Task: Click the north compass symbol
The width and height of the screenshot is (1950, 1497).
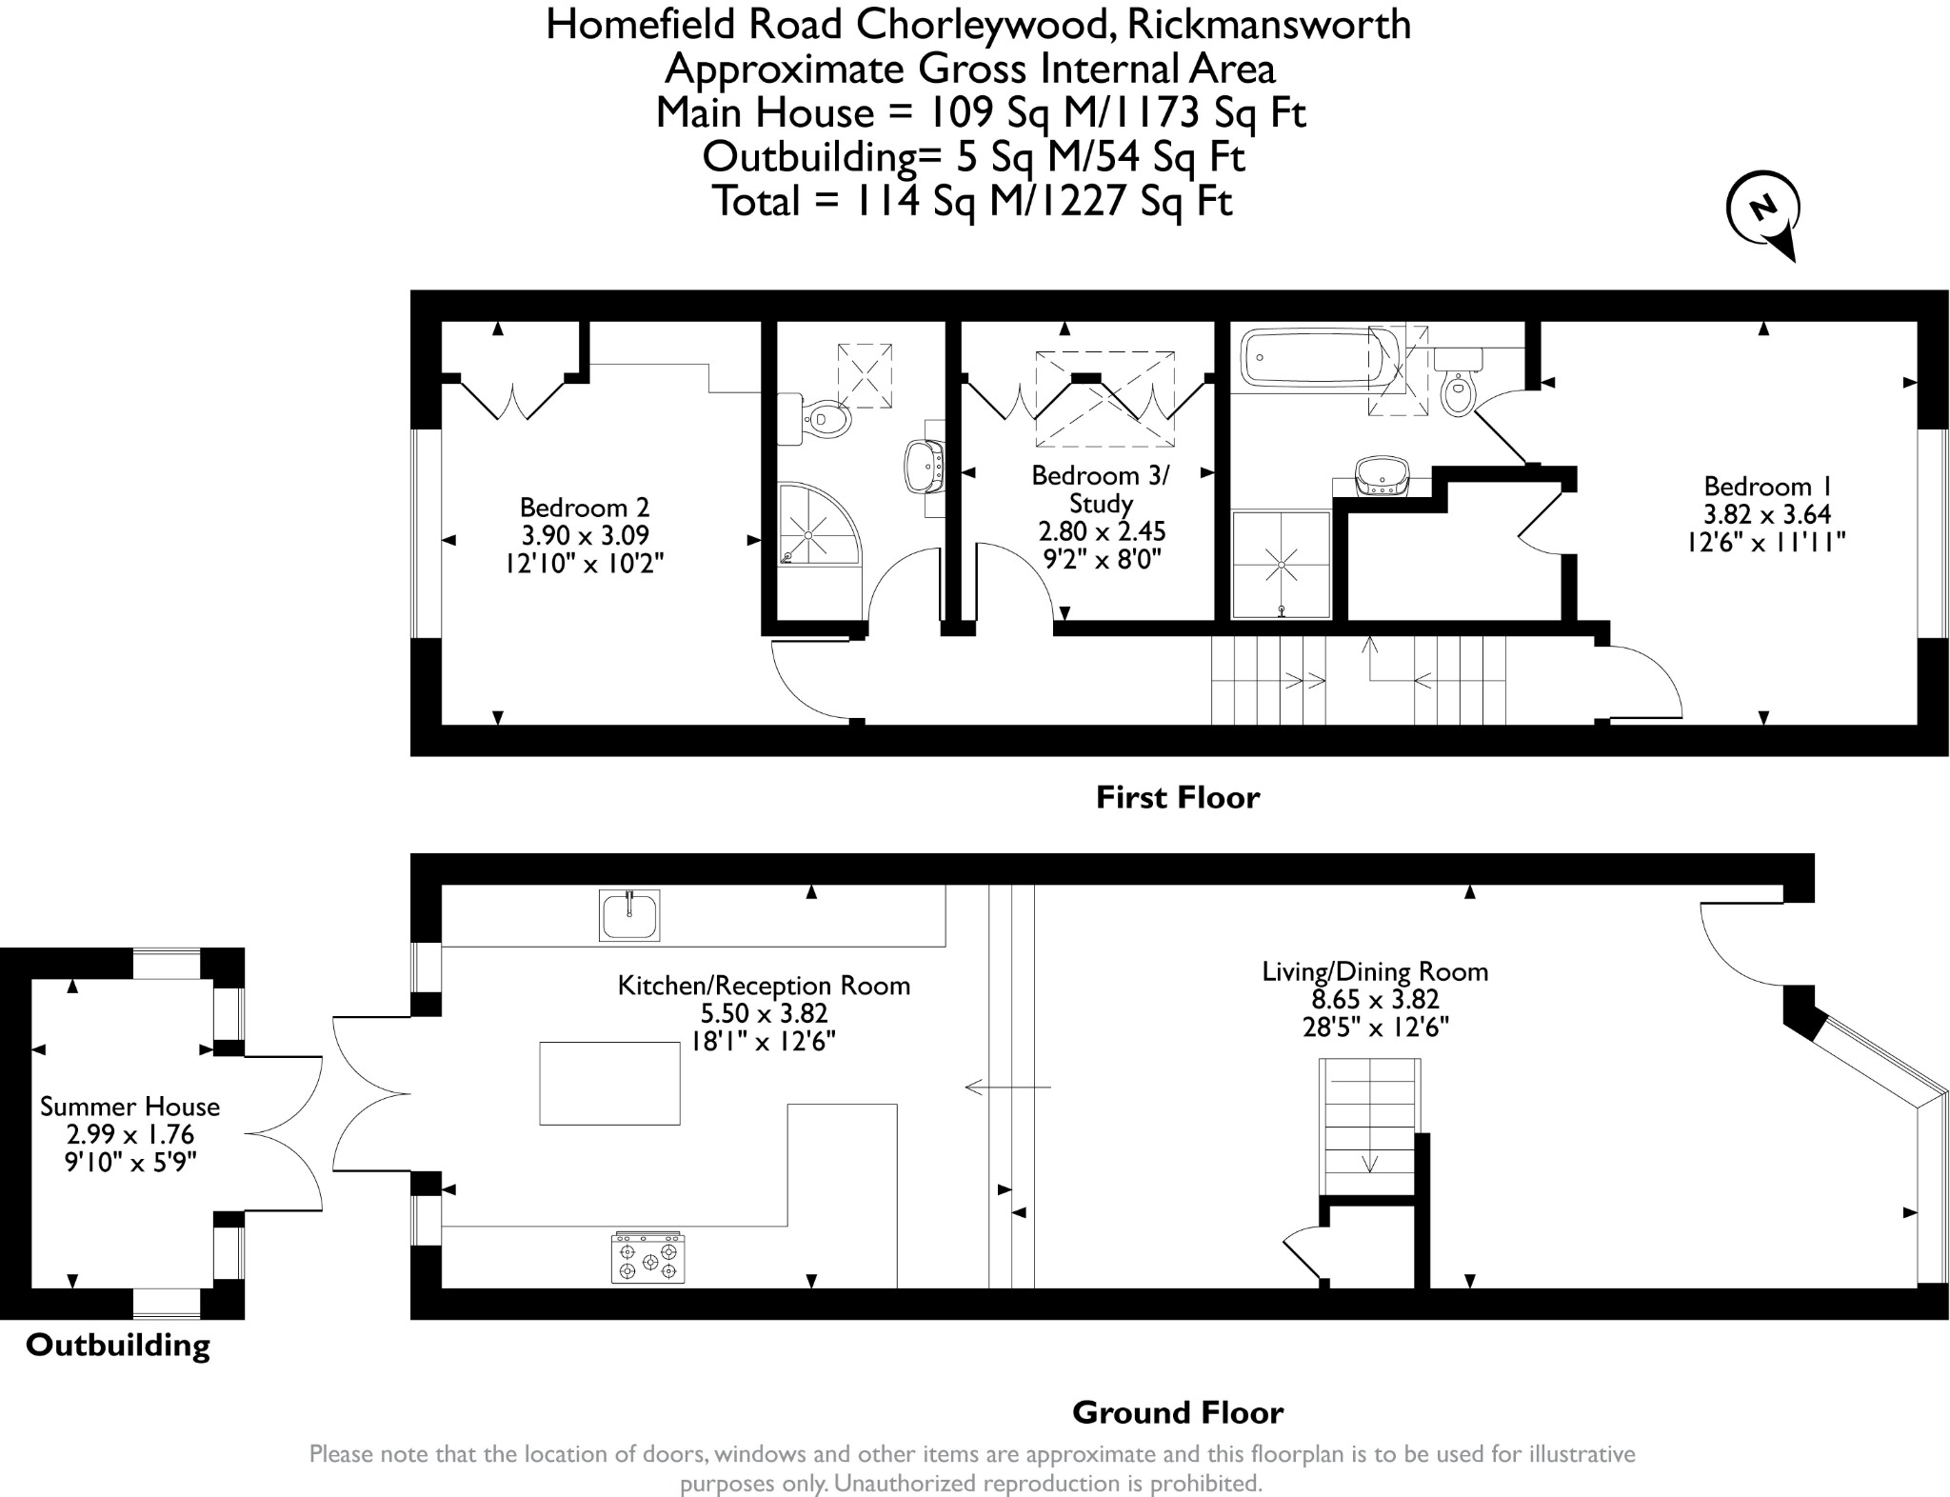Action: [1763, 211]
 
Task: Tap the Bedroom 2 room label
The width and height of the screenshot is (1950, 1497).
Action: [585, 508]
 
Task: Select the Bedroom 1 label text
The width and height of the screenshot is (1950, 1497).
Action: [1766, 487]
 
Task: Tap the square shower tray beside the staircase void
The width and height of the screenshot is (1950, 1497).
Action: [1281, 565]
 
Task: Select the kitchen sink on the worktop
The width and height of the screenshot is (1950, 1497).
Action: [629, 915]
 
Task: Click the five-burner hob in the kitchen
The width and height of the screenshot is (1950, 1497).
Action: [648, 1258]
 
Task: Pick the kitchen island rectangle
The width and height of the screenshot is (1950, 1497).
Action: [609, 1084]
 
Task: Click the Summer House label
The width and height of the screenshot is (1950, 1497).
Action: [129, 1107]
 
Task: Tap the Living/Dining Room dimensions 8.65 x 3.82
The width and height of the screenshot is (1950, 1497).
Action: [1375, 1000]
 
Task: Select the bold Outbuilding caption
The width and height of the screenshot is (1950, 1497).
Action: [118, 1346]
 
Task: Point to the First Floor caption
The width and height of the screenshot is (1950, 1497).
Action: [1177, 797]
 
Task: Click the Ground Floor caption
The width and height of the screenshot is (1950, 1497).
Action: [1177, 1412]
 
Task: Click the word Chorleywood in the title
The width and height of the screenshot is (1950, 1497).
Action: [986, 25]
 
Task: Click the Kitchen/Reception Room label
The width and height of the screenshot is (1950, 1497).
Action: [764, 986]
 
